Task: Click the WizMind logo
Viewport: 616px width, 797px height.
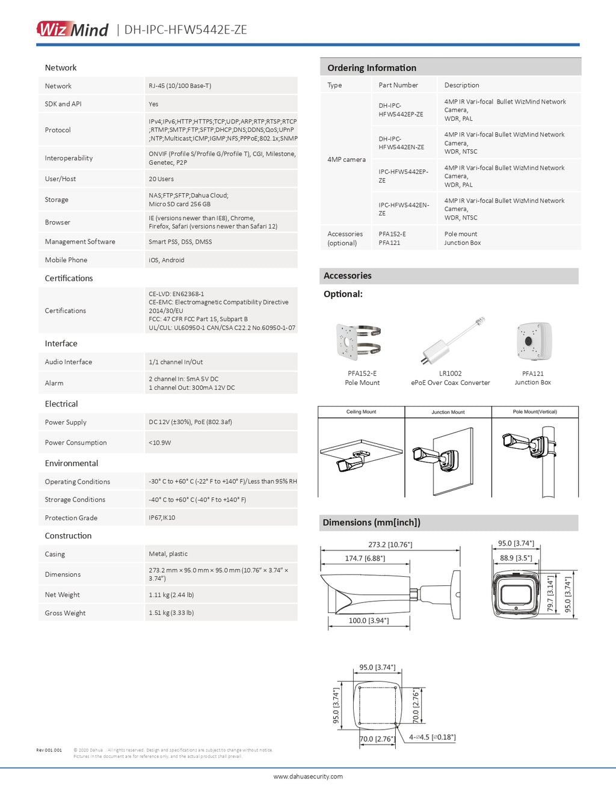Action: (72, 29)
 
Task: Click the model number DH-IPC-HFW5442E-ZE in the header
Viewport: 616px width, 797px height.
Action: (185, 29)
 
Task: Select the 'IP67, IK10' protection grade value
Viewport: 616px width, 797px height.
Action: (162, 517)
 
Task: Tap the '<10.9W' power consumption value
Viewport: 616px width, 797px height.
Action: (159, 443)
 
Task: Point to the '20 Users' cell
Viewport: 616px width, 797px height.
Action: (161, 179)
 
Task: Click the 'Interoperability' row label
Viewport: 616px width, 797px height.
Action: (69, 158)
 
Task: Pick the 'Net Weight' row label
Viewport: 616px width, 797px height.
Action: (62, 595)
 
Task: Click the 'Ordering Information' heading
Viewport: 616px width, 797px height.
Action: (371, 68)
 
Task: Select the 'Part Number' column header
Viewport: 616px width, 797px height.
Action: (398, 85)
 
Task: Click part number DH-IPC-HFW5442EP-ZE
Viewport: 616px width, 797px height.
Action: (401, 109)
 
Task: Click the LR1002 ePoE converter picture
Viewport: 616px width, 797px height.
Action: (451, 340)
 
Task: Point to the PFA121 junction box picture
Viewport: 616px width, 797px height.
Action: (533, 340)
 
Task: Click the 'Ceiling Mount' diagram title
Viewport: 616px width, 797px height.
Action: (361, 412)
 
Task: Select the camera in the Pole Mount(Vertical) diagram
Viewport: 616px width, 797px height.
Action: (522, 444)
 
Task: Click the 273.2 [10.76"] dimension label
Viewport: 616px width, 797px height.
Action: (390, 544)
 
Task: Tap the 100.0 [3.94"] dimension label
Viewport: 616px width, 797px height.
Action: (369, 621)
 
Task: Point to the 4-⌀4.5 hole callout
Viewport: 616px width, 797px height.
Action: (432, 737)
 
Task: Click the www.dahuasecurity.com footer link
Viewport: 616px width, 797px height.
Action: (308, 777)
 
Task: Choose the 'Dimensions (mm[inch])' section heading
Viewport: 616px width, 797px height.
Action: (371, 522)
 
